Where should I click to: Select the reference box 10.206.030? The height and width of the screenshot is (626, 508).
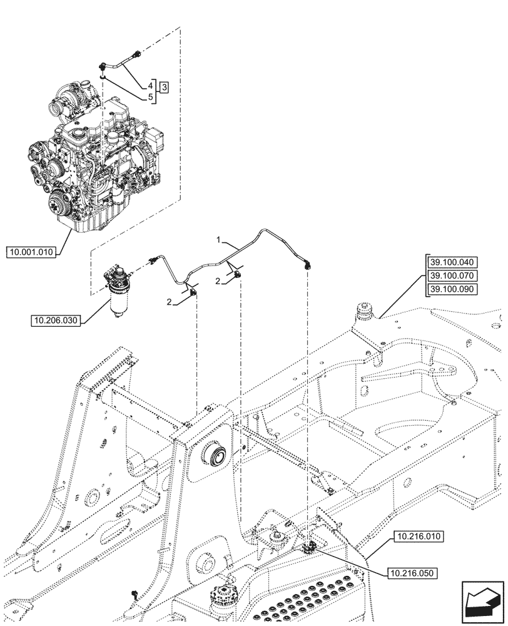click(x=55, y=321)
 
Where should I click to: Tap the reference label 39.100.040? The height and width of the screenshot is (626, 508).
click(x=452, y=262)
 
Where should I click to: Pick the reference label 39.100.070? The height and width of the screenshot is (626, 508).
click(x=452, y=275)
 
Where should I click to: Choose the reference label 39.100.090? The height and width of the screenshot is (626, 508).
click(x=452, y=289)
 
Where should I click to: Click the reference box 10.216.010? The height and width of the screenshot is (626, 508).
click(x=417, y=536)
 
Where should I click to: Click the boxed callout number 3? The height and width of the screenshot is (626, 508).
click(x=163, y=87)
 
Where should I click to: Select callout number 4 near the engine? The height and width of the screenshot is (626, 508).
click(x=151, y=85)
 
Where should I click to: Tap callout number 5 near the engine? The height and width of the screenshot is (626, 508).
click(x=151, y=97)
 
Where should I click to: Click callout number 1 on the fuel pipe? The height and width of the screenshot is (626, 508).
click(x=218, y=240)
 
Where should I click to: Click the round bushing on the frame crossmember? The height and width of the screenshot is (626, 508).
click(x=215, y=453)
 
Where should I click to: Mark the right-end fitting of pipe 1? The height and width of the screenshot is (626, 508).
click(x=308, y=265)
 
